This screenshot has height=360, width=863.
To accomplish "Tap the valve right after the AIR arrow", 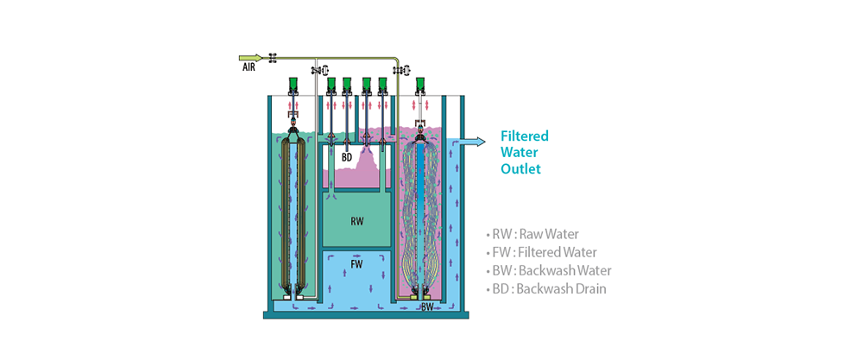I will pyautogui.click(x=274, y=58).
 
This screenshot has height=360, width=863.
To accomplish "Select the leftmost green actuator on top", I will pyautogui.click(x=293, y=84).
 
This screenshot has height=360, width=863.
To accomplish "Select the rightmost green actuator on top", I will pyautogui.click(x=420, y=84).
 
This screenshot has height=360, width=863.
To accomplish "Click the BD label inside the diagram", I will pyautogui.click(x=346, y=157).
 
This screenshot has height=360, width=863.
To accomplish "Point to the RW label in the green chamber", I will pyautogui.click(x=356, y=220).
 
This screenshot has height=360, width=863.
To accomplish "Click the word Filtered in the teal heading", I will pyautogui.click(x=525, y=136).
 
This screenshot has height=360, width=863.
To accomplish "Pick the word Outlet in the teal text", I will pyautogui.click(x=520, y=168).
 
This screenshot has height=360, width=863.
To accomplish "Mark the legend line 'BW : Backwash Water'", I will pyautogui.click(x=548, y=269).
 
